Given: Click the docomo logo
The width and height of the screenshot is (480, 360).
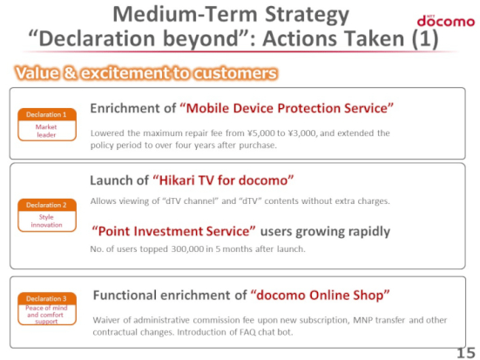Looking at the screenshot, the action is pyautogui.click(x=446, y=21).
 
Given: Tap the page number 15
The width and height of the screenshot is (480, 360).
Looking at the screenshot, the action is pyautogui.click(x=466, y=353).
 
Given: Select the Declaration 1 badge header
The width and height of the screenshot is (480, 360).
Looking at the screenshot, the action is pyautogui.click(x=46, y=114).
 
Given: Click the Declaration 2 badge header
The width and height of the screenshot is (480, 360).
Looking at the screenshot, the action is pyautogui.click(x=46, y=205).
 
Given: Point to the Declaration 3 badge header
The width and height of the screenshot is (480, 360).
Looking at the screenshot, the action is pyautogui.click(x=46, y=298).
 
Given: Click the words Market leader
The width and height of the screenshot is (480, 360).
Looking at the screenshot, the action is pyautogui.click(x=46, y=131).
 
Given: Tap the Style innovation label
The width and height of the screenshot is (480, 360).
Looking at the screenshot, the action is pyautogui.click(x=46, y=221).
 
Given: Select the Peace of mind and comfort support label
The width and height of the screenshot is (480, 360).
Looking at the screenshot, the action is pyautogui.click(x=46, y=315).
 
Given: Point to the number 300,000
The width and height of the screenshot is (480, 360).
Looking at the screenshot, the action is pyautogui.click(x=187, y=248).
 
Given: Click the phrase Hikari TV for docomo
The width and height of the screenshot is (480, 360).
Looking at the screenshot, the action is pyautogui.click(x=222, y=180).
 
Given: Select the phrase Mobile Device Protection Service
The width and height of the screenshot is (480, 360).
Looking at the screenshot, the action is pyautogui.click(x=287, y=108).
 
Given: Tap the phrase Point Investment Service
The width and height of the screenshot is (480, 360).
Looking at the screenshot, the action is pyautogui.click(x=173, y=231).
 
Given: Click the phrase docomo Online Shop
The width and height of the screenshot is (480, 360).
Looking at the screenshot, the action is pyautogui.click(x=321, y=295).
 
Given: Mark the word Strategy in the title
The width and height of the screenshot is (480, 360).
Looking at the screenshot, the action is pyautogui.click(x=307, y=16).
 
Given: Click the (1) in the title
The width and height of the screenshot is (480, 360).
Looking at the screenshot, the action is pyautogui.click(x=425, y=38).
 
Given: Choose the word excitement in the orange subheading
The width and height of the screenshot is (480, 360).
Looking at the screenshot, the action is pyautogui.click(x=125, y=73).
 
